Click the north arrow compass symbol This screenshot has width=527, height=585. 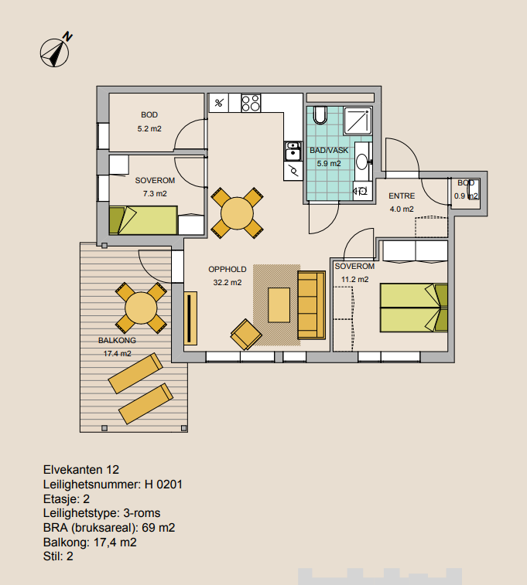point(55,53)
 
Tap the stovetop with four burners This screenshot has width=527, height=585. point(251,103)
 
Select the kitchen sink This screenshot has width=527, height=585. point(293,151)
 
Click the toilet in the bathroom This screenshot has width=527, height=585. point(320,115)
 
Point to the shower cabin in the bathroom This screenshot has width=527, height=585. point(358,121)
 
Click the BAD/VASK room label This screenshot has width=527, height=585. point(329,151)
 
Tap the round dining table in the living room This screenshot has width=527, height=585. point(237,213)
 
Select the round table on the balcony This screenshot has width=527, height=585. point(141,308)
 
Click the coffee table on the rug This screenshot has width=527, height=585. point(279,304)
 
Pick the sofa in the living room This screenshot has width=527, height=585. point(312,304)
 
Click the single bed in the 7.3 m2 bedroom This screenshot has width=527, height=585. point(143,220)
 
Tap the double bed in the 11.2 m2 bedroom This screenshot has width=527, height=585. point(414,308)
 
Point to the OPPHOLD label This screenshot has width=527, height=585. point(228,270)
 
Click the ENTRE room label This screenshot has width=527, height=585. point(402,196)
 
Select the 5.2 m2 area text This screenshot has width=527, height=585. point(149,129)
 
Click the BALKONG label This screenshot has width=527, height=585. point(117,340)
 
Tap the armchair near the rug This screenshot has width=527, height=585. point(246,335)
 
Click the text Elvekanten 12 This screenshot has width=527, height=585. point(81,470)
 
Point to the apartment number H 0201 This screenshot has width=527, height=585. point(163,485)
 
